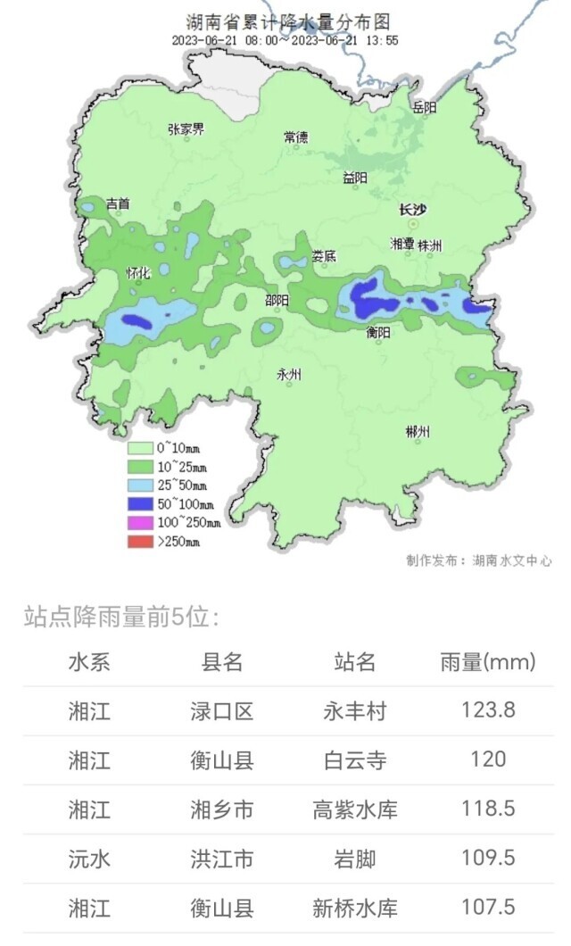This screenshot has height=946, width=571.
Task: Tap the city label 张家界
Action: click(x=186, y=129)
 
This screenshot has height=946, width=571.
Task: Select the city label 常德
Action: click(x=295, y=137)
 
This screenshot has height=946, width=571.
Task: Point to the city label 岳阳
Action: click(x=425, y=108)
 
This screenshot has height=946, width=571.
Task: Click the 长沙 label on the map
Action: click(x=412, y=211)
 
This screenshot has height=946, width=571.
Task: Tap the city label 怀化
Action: click(x=139, y=273)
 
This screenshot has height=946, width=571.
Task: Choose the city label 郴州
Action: click(x=418, y=432)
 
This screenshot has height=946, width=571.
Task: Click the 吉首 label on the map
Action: click(x=117, y=204)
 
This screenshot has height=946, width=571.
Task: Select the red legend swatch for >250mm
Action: click(x=140, y=542)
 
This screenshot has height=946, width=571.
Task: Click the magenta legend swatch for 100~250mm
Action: click(x=140, y=523)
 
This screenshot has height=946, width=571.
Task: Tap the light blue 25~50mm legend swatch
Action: click(x=140, y=485)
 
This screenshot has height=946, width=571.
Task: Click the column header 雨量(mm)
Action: click(x=488, y=661)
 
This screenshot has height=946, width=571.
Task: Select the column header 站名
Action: click(x=354, y=661)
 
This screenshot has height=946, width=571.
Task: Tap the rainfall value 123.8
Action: click(x=488, y=710)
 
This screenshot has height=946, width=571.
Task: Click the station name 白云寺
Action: click(x=354, y=760)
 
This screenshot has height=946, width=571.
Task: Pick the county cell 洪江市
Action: click(x=221, y=859)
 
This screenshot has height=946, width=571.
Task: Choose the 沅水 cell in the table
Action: click(x=89, y=859)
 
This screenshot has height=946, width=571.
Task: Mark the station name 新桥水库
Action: click(x=354, y=908)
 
